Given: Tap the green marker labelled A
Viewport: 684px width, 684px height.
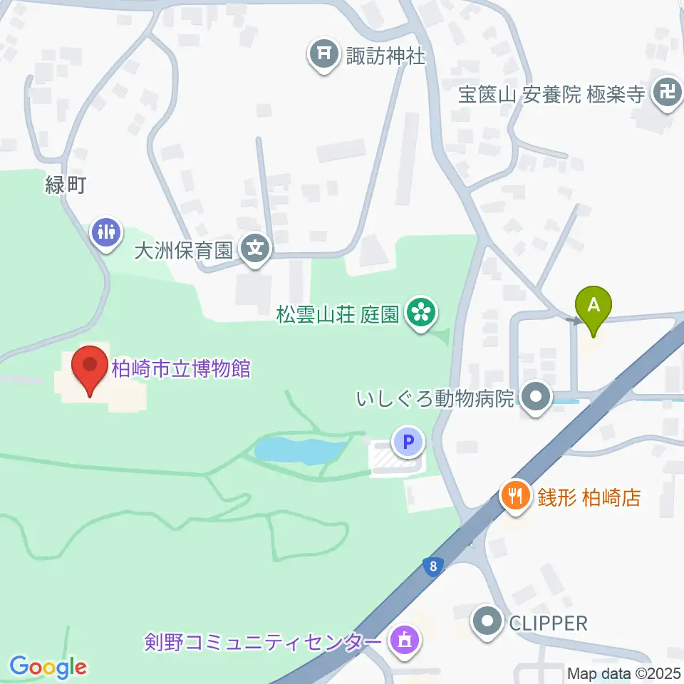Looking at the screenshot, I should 594,307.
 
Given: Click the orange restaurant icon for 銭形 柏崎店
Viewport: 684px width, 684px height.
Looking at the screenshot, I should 513,494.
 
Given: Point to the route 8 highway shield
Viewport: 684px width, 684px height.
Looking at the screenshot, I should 431,566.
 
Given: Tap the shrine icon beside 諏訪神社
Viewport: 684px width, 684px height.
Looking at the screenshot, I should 324,54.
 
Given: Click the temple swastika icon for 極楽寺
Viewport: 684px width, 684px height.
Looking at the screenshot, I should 668,93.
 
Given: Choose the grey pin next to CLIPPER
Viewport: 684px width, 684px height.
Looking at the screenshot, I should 488,621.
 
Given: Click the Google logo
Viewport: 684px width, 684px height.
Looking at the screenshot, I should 48,667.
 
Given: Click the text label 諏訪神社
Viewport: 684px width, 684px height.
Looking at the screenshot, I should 385,55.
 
